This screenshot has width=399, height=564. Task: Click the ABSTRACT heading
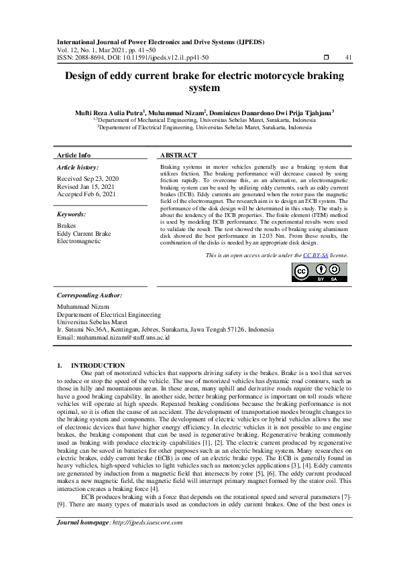point(178,155)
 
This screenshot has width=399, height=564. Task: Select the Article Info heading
point(74,155)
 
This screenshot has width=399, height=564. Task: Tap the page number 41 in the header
point(348,58)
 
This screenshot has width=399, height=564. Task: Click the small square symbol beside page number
point(325,58)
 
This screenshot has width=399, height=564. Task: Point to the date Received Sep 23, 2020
point(88,179)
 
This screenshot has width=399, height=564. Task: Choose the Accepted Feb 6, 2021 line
point(87,194)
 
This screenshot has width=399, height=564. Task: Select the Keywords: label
point(71,214)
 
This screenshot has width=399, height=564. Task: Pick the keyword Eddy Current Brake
point(84,234)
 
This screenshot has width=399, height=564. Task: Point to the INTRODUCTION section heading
point(102,365)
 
